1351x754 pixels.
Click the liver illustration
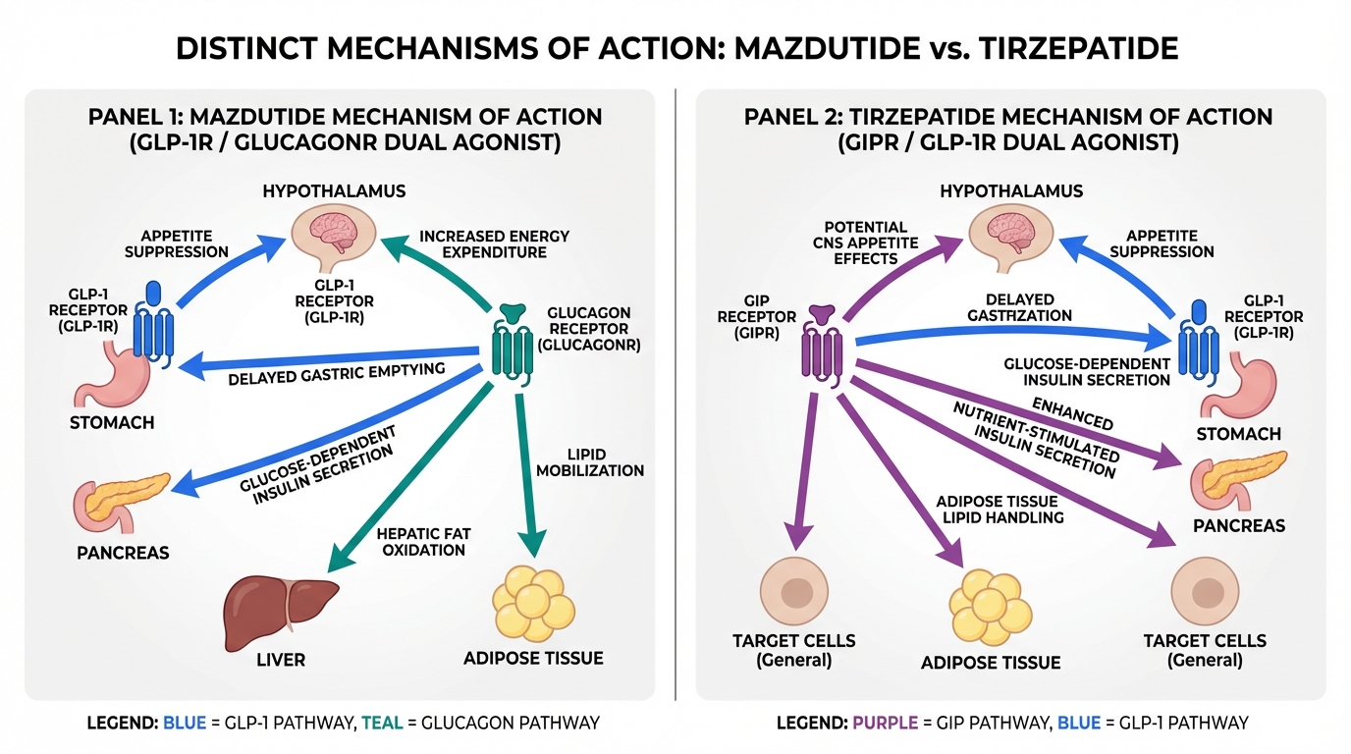[x=280, y=602]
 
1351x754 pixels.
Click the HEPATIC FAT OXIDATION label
[x=423, y=542]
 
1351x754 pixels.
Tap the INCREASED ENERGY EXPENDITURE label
[x=494, y=244]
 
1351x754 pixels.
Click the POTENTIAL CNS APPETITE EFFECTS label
[x=867, y=242]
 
